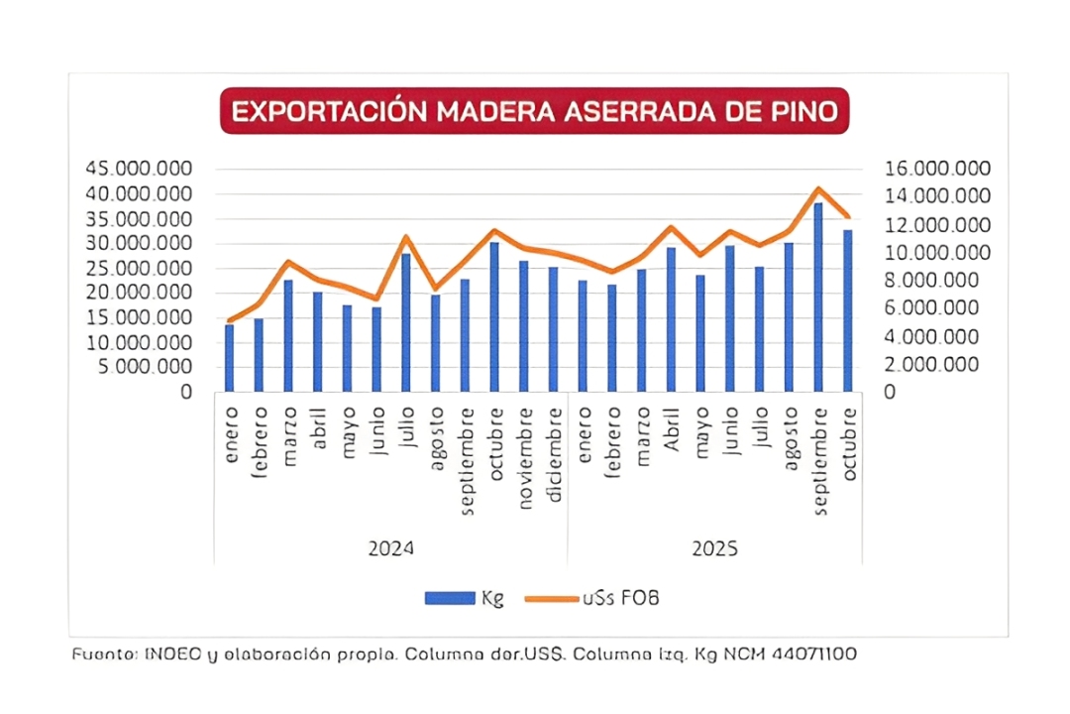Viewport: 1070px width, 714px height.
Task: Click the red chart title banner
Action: (x=535, y=111)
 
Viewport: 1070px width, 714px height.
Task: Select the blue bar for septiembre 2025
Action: (x=818, y=297)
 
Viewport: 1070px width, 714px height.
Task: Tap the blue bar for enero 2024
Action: (x=229, y=358)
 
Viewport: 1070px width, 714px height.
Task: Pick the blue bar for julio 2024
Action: (x=405, y=322)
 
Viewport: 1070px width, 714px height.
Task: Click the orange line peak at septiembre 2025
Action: (x=818, y=188)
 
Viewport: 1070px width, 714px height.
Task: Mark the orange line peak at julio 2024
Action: (x=405, y=237)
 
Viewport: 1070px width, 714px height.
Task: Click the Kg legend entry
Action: (x=465, y=598)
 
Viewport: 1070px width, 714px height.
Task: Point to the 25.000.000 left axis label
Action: (x=139, y=268)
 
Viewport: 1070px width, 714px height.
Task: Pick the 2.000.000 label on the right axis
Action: (x=937, y=365)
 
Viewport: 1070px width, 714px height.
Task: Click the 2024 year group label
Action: (x=390, y=548)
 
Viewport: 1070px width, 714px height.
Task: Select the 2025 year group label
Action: (x=714, y=548)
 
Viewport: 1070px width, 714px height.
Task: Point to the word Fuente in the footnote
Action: (x=104, y=654)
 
